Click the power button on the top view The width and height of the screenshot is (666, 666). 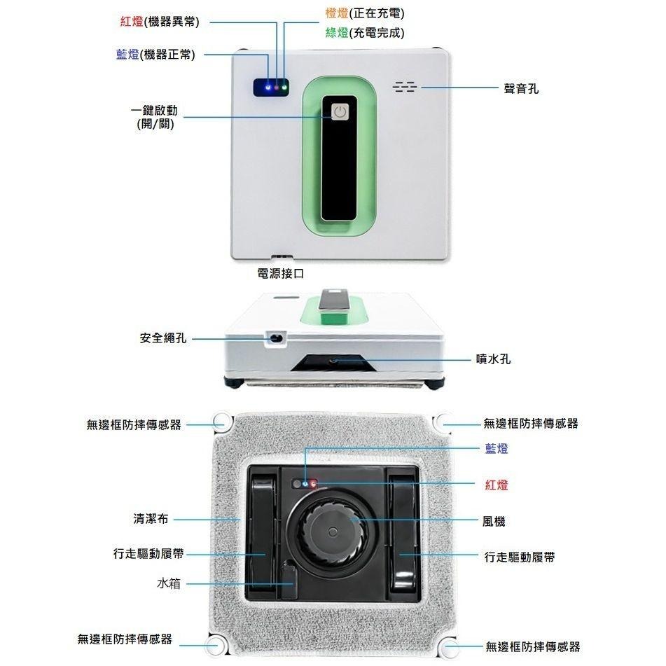coord(340,113)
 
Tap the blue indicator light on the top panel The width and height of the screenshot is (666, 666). coord(268,88)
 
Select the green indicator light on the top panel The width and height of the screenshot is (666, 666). coord(284,88)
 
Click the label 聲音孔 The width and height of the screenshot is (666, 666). coord(521,88)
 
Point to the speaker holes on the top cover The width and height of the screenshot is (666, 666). coord(404,87)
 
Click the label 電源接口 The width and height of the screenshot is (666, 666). coord(281,273)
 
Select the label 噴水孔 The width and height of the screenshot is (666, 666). coord(493,359)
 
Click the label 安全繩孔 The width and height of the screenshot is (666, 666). coord(163,338)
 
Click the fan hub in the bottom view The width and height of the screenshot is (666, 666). coord(333,532)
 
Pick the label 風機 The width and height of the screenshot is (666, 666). coord(494,521)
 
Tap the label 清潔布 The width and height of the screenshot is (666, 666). coord(151,519)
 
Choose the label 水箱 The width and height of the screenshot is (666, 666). coord(169,583)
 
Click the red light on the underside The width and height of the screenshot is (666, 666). coord(312,484)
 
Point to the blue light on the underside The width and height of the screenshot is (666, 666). coord(305,484)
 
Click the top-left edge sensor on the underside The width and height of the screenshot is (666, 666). coord(220,422)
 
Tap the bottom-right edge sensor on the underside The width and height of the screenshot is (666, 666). coord(449,647)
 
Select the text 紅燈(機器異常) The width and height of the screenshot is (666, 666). coord(160,22)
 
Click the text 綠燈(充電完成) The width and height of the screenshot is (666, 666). coord(365,33)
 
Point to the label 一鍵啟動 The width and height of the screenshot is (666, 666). coord(154,111)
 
